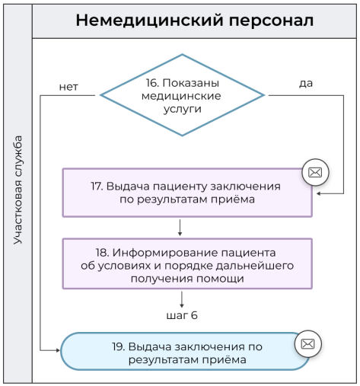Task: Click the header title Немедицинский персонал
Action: pyautogui.click(x=194, y=21)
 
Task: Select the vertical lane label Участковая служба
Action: pyautogui.click(x=18, y=190)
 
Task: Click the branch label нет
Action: pyautogui.click(x=68, y=86)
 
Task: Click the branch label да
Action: pyautogui.click(x=306, y=82)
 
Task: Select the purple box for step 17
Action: pyautogui.click(x=187, y=193)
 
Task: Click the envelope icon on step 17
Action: pyautogui.click(x=316, y=173)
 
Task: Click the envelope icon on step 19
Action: pyautogui.click(x=307, y=344)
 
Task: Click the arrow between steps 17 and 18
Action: pyautogui.click(x=180, y=227)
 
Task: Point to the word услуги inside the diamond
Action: pyautogui.click(x=183, y=109)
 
